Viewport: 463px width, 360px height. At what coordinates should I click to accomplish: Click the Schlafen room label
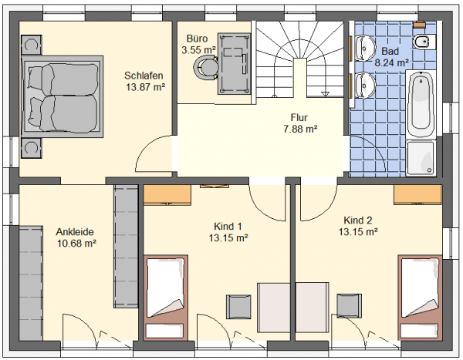(x=144, y=76)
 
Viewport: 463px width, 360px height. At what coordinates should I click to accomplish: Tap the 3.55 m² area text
(x=198, y=50)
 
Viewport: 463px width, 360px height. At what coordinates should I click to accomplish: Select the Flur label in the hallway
(x=299, y=117)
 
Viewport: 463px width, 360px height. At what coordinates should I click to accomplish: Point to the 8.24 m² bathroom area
(x=391, y=62)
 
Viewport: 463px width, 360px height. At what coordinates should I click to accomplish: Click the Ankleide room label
(x=75, y=232)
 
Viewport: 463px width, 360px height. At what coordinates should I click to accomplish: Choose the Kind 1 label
(x=228, y=227)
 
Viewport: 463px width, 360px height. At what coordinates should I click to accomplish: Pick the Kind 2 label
(x=358, y=220)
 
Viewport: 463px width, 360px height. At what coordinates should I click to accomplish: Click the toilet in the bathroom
(x=424, y=42)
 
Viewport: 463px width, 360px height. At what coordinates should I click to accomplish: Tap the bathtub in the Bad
(x=421, y=104)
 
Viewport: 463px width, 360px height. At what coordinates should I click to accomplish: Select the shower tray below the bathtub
(x=421, y=158)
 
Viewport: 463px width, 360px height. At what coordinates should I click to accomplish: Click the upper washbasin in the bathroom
(x=365, y=48)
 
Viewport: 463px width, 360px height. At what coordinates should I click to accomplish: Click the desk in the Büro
(x=234, y=64)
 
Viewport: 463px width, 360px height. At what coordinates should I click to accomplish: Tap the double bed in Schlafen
(x=63, y=96)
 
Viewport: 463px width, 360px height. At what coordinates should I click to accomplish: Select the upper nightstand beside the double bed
(x=32, y=45)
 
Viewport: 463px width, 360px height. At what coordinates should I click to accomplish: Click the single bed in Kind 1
(x=166, y=297)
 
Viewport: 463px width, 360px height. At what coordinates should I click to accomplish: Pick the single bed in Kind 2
(x=420, y=297)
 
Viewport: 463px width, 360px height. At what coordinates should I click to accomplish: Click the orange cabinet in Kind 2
(x=417, y=195)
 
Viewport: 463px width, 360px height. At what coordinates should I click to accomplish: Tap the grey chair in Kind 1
(x=238, y=307)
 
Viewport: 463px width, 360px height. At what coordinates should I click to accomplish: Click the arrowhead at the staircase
(x=326, y=94)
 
